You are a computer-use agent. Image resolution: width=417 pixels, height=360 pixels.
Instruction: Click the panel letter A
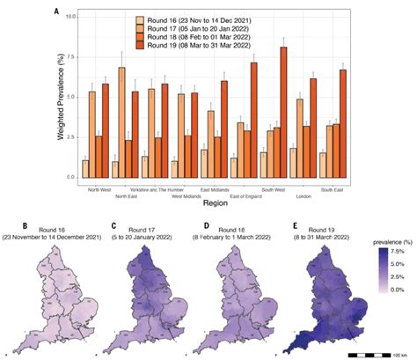coord(57,12)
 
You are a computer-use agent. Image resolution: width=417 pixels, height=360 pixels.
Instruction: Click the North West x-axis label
coord(104,186)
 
